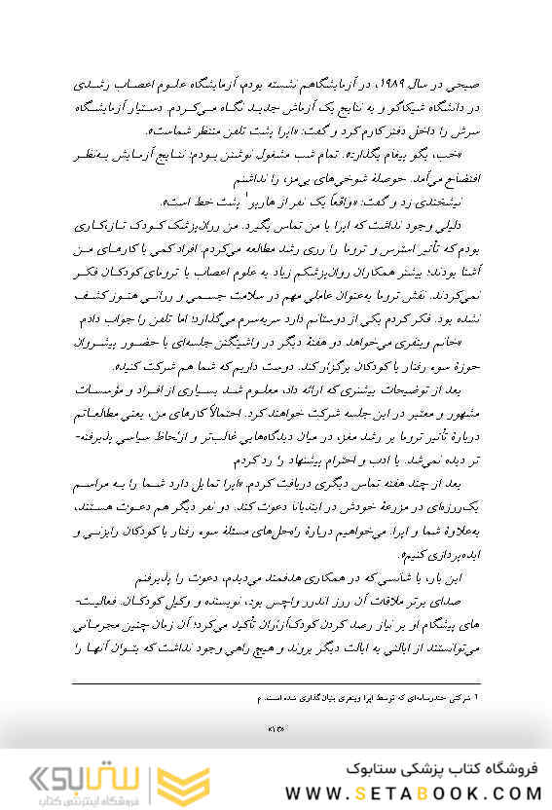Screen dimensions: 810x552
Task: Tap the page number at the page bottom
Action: click(276, 725)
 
